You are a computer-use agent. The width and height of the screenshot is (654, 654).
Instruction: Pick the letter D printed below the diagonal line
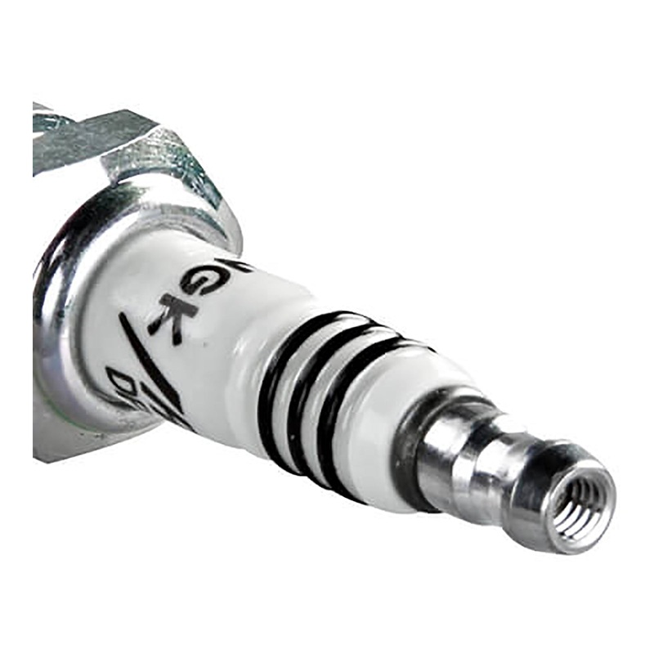[x=123, y=382]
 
